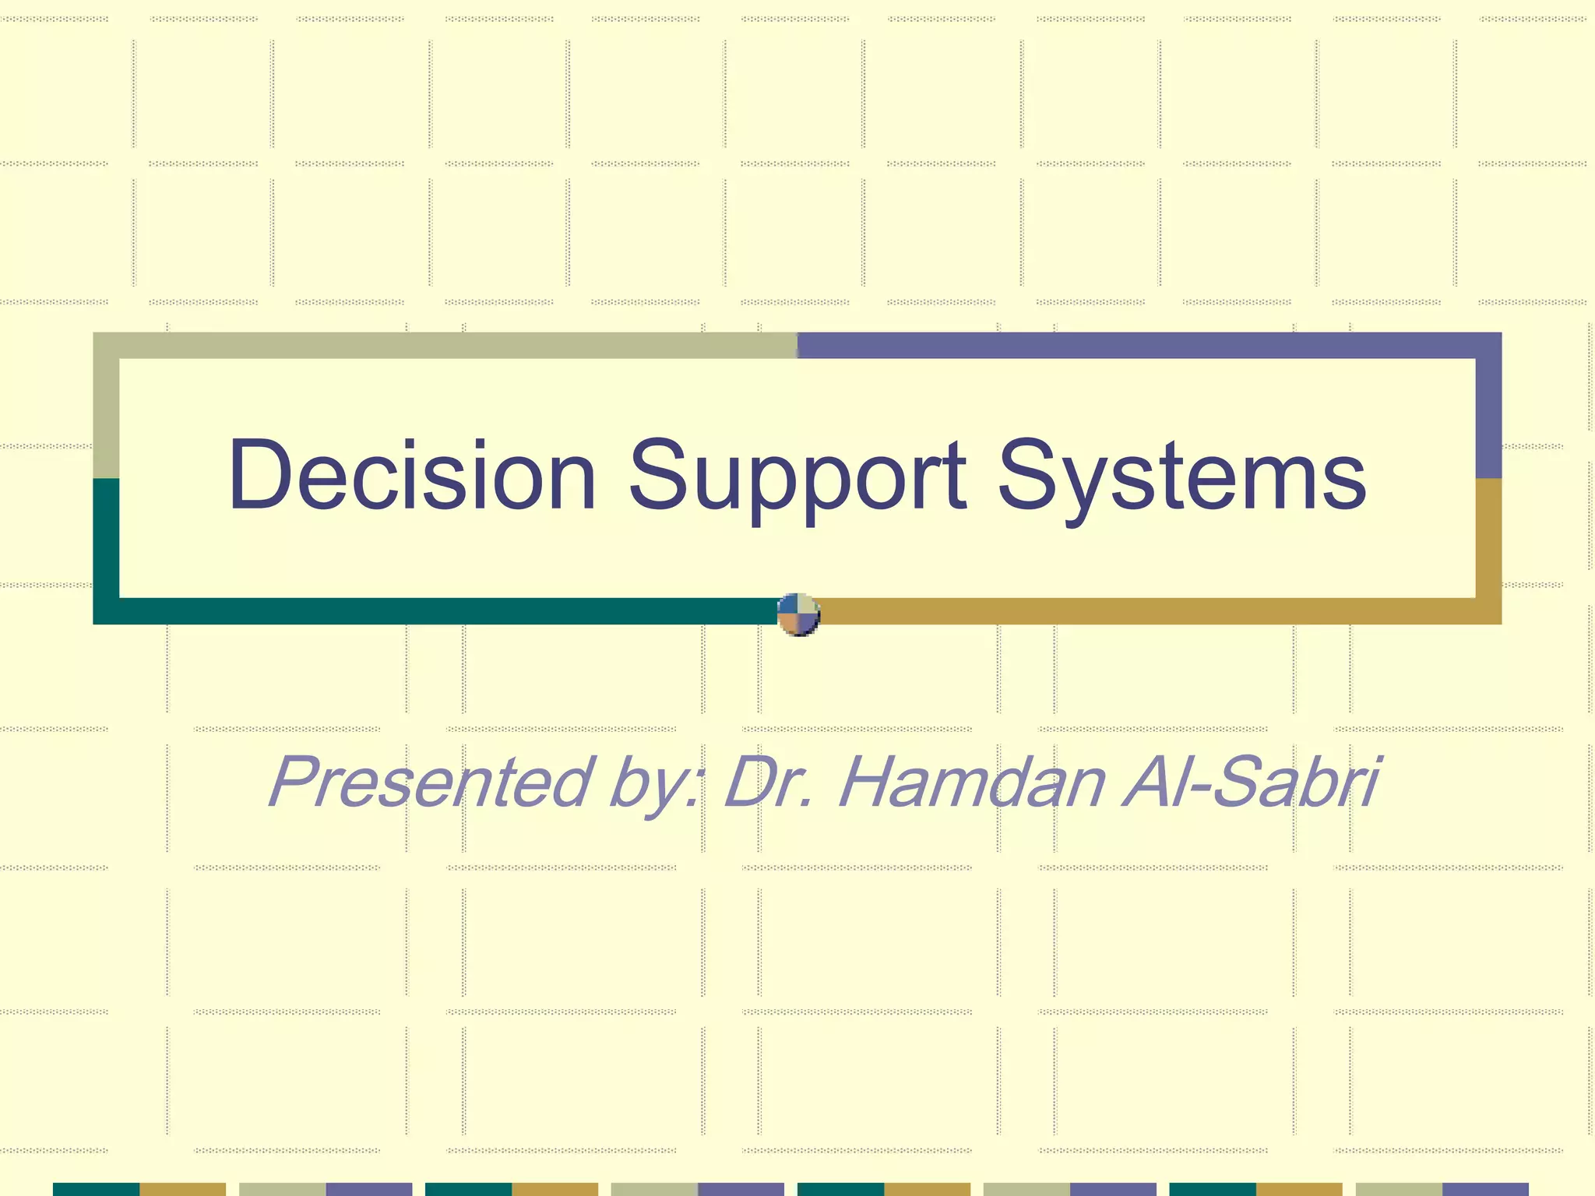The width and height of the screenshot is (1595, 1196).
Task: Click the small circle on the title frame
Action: (x=798, y=614)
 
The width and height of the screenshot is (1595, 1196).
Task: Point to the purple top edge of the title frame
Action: (x=1145, y=346)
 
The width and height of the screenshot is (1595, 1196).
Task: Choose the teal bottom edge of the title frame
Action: (x=436, y=611)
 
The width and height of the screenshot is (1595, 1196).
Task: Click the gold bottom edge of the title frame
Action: (x=1153, y=611)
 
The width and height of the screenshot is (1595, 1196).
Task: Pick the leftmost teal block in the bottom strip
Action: (x=96, y=1189)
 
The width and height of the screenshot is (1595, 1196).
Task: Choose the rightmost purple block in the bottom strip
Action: (x=1485, y=1189)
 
